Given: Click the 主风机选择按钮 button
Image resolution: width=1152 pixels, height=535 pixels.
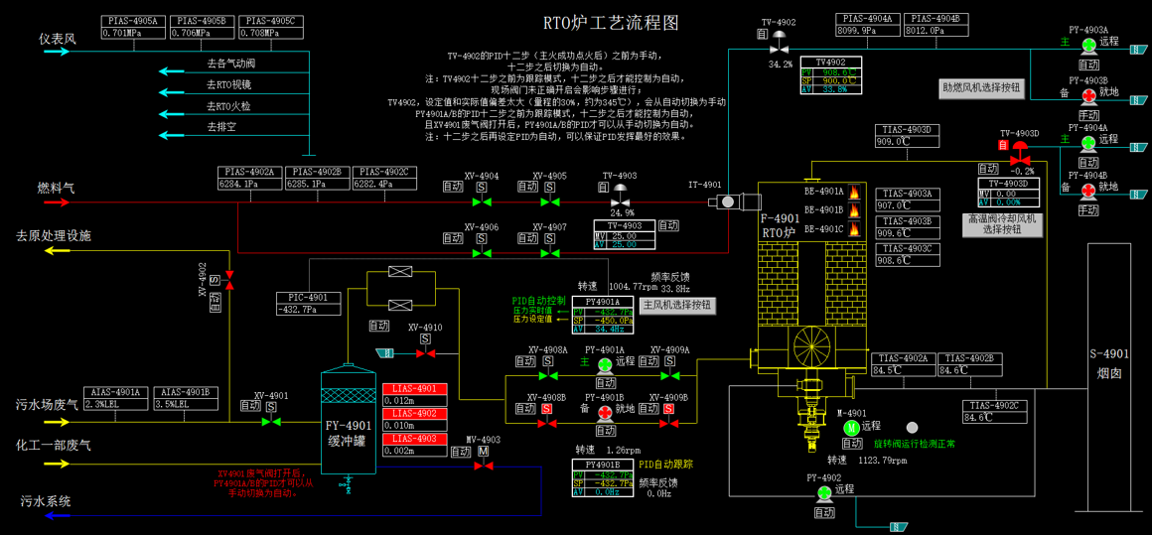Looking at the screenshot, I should pyautogui.click(x=676, y=306).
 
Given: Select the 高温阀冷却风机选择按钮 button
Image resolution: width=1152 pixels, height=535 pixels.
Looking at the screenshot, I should pyautogui.click(x=1003, y=224).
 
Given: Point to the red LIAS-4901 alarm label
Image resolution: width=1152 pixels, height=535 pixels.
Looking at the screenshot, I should pyautogui.click(x=415, y=389).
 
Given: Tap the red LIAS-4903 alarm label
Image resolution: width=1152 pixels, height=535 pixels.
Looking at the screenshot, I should pyautogui.click(x=415, y=439).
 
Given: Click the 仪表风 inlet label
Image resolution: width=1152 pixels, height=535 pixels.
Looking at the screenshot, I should pyautogui.click(x=57, y=39).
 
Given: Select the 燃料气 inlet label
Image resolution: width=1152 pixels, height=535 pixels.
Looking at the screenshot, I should pyautogui.click(x=56, y=187).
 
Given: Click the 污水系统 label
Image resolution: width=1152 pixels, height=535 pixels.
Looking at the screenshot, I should pyautogui.click(x=46, y=501).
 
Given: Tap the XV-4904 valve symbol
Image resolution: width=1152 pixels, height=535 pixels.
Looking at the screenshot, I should pyautogui.click(x=482, y=201).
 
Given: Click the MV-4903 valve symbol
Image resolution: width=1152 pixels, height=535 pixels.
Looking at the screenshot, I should pyautogui.click(x=484, y=466).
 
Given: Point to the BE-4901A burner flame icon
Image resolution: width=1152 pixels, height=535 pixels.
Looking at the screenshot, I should pyautogui.click(x=854, y=193).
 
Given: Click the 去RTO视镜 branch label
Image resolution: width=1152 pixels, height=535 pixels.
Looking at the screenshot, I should pyautogui.click(x=229, y=85).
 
